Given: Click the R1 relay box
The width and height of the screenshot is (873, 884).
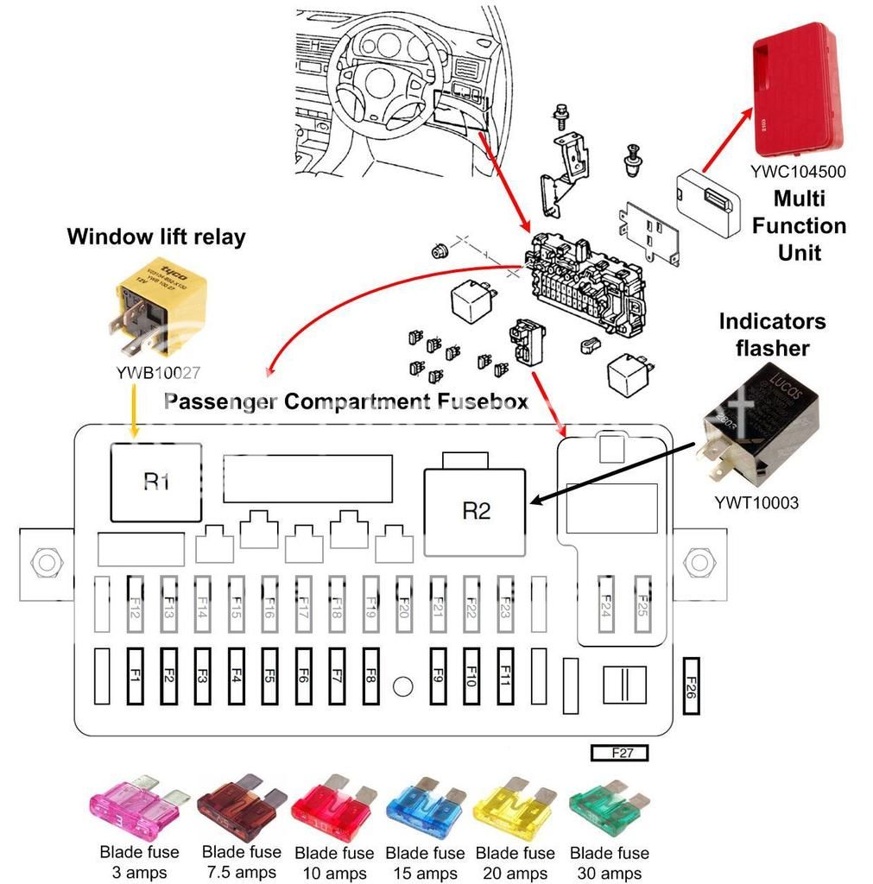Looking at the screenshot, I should coord(155,482).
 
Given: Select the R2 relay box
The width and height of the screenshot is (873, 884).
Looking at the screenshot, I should coord(476,511).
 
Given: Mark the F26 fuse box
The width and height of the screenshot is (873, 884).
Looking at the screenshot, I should coord(691,687).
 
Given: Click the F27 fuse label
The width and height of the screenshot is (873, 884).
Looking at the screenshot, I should coord(619,753).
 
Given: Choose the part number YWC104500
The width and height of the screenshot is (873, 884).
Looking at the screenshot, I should coord(797,171).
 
